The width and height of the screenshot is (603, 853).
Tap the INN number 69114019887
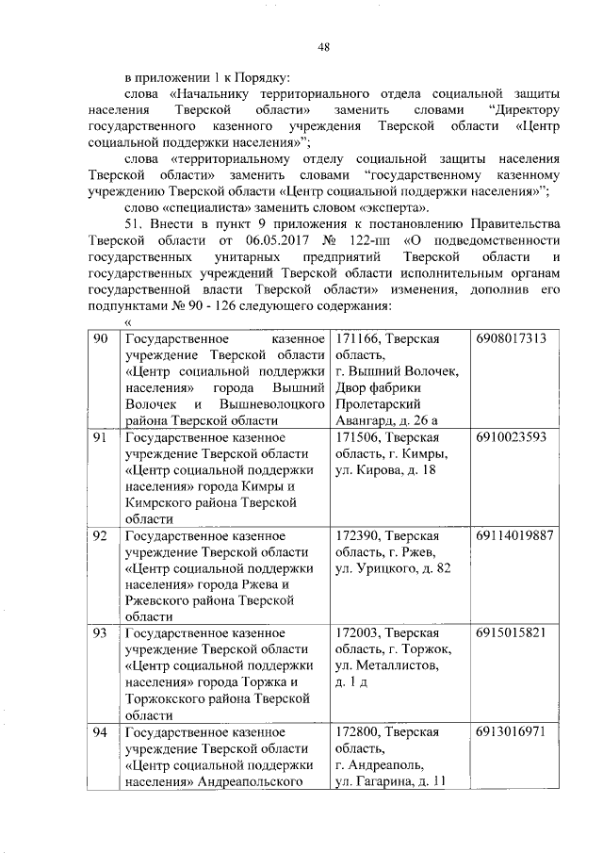(514, 535)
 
